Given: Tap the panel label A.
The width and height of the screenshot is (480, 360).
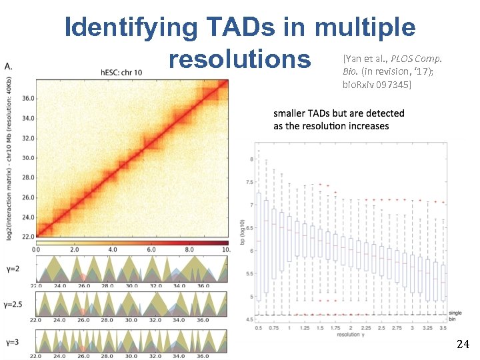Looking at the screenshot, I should (x=9, y=67).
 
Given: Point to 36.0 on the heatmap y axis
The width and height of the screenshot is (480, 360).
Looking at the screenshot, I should (x=27, y=98).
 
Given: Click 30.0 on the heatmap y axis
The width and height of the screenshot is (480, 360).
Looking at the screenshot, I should (x=27, y=158).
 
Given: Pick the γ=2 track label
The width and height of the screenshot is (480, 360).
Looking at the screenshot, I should (x=14, y=267).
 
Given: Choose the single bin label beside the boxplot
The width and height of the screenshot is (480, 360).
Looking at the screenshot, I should (x=455, y=316).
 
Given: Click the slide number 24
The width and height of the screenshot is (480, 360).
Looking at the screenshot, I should (x=463, y=345).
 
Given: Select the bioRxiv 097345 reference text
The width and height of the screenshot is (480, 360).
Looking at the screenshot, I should (x=377, y=85).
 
